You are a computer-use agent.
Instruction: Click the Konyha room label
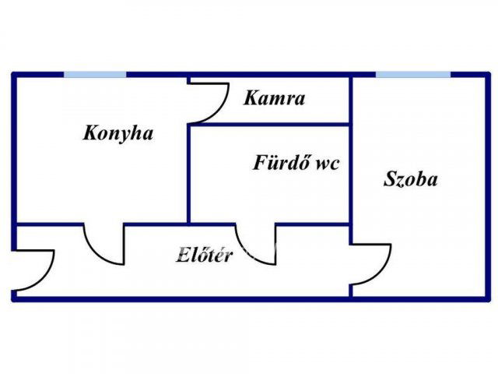118,133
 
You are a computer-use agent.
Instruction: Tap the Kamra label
274,99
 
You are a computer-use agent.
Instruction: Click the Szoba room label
410,179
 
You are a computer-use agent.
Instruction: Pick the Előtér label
205,255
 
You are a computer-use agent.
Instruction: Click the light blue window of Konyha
95,75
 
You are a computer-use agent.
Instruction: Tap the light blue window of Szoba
412,75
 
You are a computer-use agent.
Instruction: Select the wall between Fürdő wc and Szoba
351,171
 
